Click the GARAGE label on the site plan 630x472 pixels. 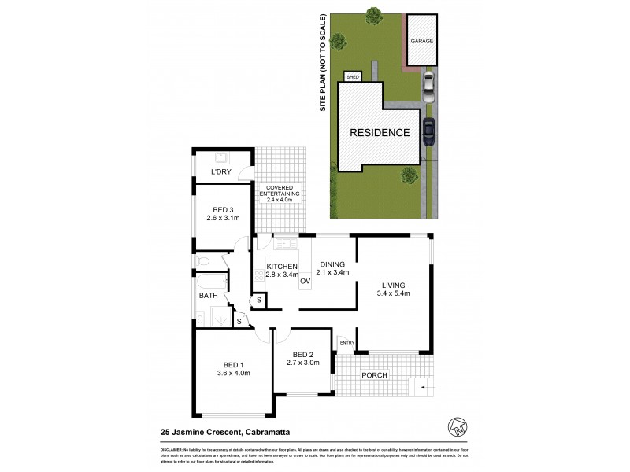pyautogui.click(x=421, y=40)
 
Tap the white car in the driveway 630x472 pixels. pyautogui.click(x=428, y=87)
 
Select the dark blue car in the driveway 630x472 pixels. pyautogui.click(x=429, y=131)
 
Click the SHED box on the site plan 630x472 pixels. pyautogui.click(x=353, y=77)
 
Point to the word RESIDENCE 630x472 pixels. pyautogui.click(x=380, y=132)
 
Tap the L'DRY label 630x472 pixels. pyautogui.click(x=220, y=172)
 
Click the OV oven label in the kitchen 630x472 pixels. pyautogui.click(x=305, y=281)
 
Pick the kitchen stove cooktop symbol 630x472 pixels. pyautogui.click(x=259, y=275)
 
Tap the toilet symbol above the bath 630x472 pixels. pyautogui.click(x=204, y=260)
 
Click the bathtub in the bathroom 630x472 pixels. pyautogui.click(x=209, y=281)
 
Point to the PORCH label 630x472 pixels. pyautogui.click(x=374, y=375)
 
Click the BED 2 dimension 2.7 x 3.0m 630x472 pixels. pyautogui.click(x=302, y=363)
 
